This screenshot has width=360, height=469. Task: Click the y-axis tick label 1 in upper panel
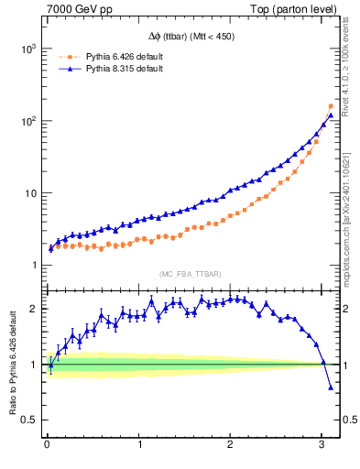pyautogui.click(x=33, y=266)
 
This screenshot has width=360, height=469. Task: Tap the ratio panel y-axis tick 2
pyautogui.click(x=34, y=309)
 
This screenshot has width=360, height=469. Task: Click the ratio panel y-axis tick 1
pyautogui.click(x=34, y=365)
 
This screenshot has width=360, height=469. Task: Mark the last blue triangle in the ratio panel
pyautogui.click(x=331, y=387)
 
